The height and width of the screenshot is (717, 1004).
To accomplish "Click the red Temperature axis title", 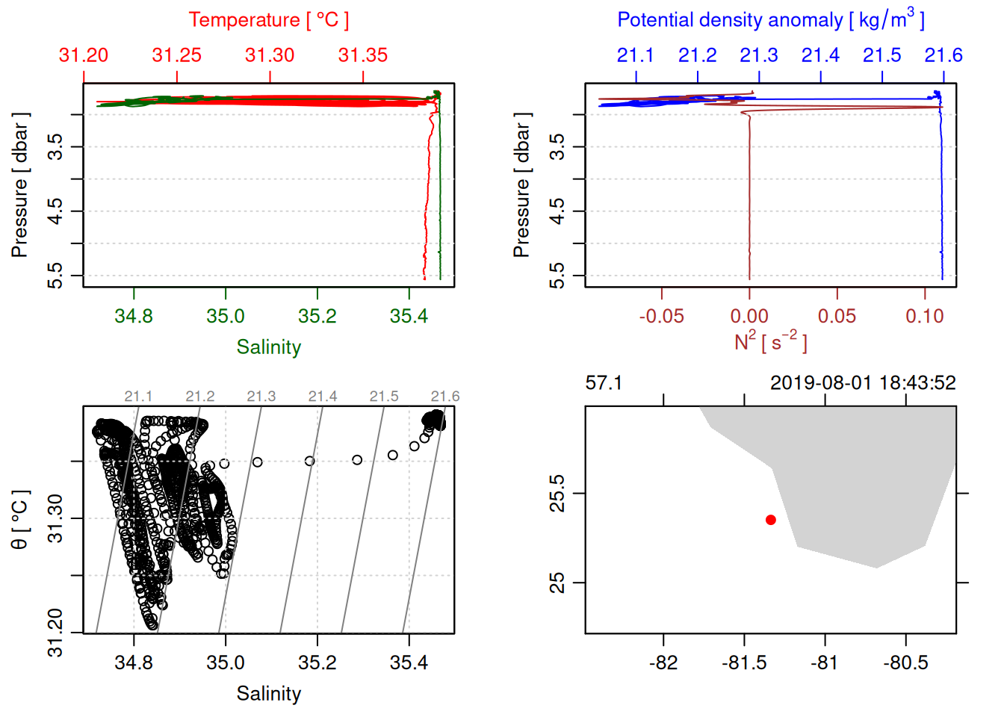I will click(x=268, y=20).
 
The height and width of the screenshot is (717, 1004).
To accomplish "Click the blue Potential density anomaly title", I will click(x=770, y=20).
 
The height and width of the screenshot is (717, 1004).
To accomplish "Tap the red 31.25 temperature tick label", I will click(x=177, y=55).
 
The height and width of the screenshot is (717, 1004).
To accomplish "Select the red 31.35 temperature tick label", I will click(x=363, y=55).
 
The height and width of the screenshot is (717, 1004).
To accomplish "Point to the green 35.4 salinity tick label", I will click(x=409, y=316).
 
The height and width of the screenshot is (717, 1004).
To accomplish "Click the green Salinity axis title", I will click(x=268, y=347).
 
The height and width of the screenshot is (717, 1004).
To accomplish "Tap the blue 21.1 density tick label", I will click(x=636, y=55).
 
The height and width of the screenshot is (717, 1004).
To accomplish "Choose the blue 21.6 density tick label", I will click(x=943, y=55).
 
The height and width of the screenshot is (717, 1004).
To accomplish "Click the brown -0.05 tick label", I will click(x=661, y=316).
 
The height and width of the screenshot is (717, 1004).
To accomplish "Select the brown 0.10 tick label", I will click(x=925, y=316).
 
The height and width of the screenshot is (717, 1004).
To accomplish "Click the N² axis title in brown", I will click(x=770, y=341).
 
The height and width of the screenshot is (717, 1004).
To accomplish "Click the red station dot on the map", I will click(x=771, y=520).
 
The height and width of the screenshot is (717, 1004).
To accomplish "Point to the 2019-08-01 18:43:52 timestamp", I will click(x=863, y=383).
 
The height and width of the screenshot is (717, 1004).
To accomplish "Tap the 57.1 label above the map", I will click(x=604, y=383).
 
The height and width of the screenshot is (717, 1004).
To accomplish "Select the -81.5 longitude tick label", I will click(x=744, y=662).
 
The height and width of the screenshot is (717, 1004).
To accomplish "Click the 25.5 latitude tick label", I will click(x=557, y=494).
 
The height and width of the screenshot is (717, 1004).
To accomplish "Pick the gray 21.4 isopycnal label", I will click(x=323, y=397).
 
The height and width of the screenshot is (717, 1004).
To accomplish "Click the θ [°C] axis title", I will click(x=20, y=520).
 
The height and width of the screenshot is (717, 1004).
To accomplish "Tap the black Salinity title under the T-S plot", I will click(x=268, y=694).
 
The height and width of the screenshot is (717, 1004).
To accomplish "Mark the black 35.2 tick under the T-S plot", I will click(x=317, y=662).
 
